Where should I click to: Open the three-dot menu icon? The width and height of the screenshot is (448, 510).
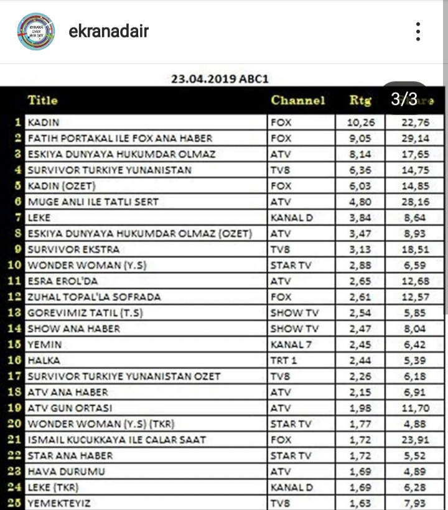(419, 31)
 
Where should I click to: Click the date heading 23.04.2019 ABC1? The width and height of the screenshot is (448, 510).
(220, 79)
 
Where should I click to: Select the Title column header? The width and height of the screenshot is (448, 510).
(42, 100)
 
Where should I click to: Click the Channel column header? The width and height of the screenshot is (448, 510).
(297, 100)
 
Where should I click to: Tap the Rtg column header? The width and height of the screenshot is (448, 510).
(360, 100)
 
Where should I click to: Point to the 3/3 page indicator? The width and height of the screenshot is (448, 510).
(404, 98)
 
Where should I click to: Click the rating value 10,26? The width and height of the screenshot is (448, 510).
(362, 123)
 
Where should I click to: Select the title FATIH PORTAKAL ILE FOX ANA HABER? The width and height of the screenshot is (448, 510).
(120, 138)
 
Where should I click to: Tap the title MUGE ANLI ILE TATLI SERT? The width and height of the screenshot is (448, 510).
(93, 202)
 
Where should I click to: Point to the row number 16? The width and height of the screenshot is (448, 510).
(16, 360)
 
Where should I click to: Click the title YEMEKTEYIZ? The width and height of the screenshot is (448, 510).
(63, 503)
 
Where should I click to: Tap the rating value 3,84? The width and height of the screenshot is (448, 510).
(362, 218)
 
